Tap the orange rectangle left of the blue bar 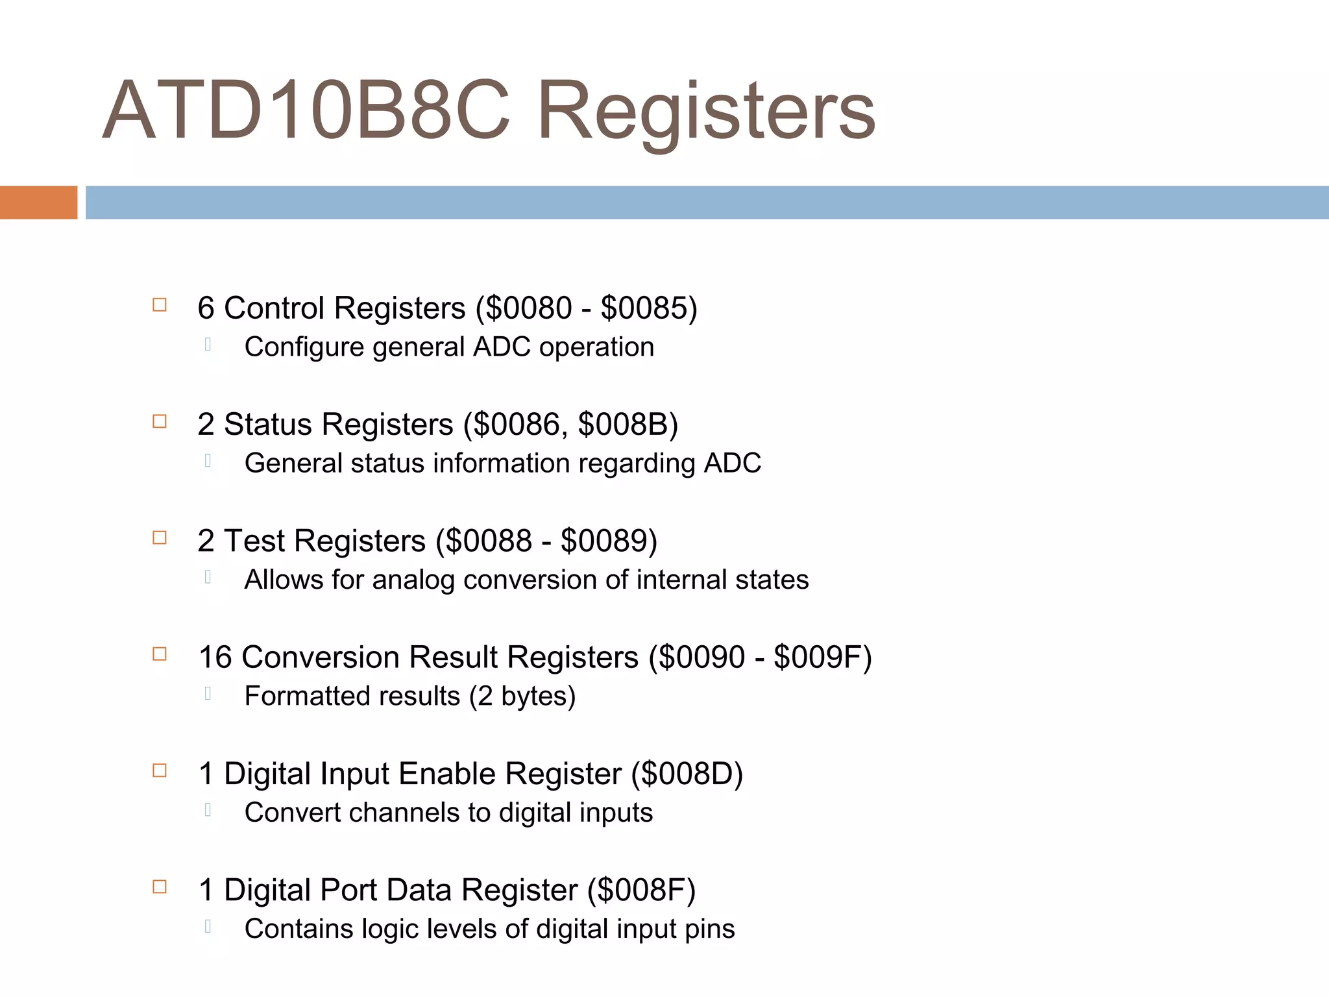coord(38,203)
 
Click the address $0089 coord(604,541)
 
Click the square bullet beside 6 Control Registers coord(160,305)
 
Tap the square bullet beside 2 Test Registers coord(160,538)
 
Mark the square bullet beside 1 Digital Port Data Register coord(160,887)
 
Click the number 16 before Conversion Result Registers coord(215,657)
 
